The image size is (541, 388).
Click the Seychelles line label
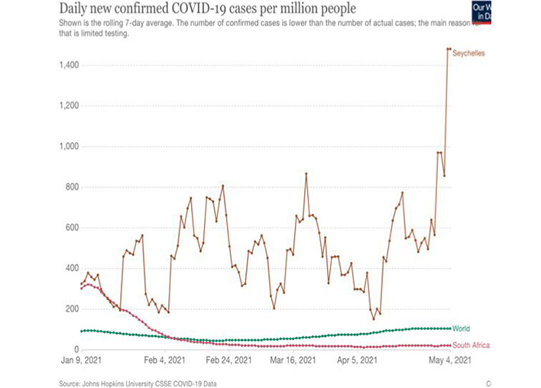(469, 53)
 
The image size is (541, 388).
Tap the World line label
(461, 328)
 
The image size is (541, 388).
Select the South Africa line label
(471, 346)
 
